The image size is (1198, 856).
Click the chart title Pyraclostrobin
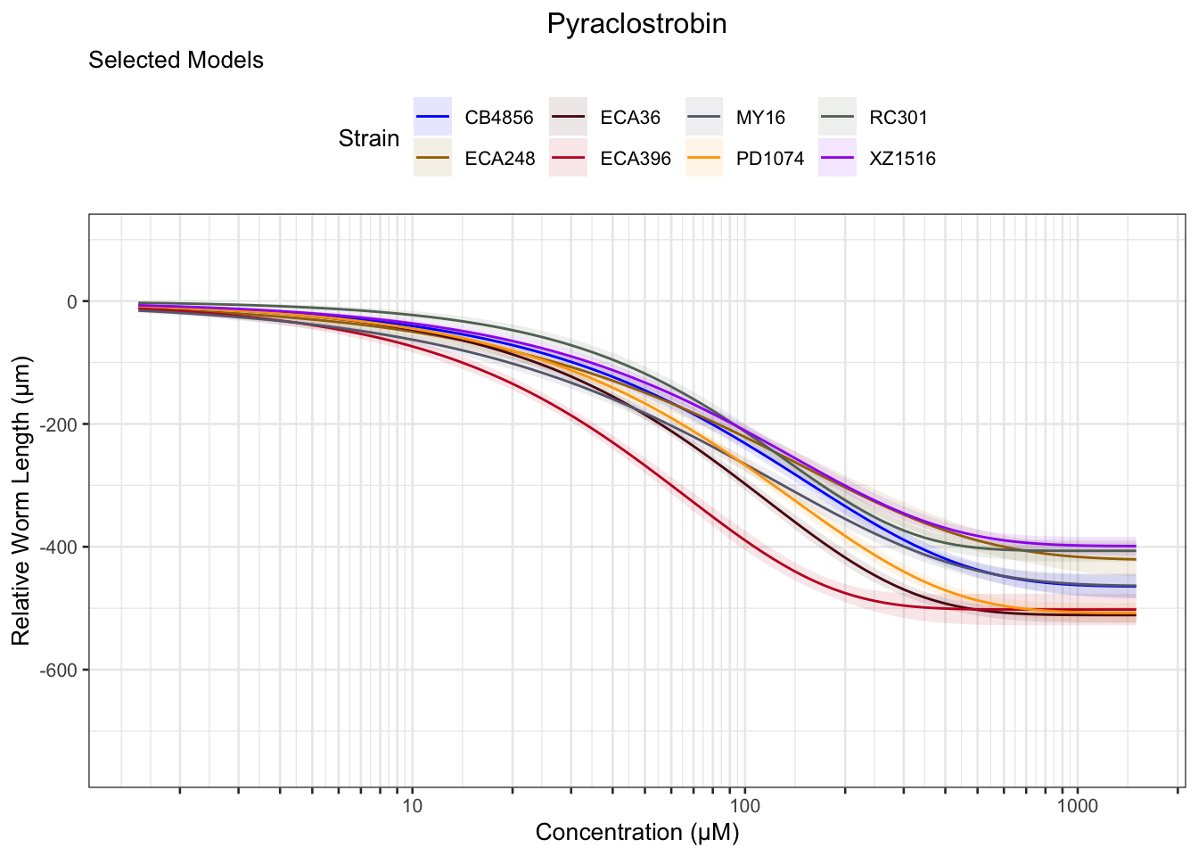(636, 24)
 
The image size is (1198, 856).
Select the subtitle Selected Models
(176, 61)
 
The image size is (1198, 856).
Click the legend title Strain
(368, 139)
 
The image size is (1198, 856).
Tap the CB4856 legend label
(498, 118)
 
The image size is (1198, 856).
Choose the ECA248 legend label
(499, 159)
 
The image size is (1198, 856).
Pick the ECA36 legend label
(630, 118)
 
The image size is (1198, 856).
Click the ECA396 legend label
(635, 159)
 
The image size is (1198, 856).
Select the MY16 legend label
(760, 118)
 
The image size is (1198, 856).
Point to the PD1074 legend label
(769, 159)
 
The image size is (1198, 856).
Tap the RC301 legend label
(898, 118)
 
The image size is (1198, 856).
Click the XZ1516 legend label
(902, 159)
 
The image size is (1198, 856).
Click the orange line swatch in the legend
(704, 159)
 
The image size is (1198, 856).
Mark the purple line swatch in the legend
(838, 159)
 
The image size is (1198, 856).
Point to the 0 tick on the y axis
(72, 301)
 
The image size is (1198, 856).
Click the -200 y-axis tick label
(61, 424)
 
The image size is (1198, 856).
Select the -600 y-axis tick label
(61, 671)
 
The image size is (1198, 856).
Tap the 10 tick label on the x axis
(412, 807)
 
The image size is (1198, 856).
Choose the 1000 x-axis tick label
(1077, 807)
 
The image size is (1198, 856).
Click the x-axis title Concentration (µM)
(636, 833)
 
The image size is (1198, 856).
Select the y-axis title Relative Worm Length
(21, 500)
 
